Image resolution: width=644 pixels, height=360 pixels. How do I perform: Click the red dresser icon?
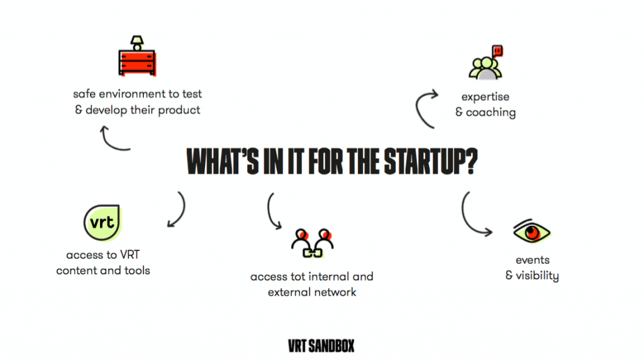click(x=137, y=62)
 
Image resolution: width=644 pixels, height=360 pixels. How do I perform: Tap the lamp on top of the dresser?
click(x=136, y=43)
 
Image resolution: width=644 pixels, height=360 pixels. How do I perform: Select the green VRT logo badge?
click(x=103, y=222)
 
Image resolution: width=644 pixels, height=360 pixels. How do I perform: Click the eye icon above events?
click(x=531, y=231)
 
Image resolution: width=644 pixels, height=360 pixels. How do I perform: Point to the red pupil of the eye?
click(x=532, y=233)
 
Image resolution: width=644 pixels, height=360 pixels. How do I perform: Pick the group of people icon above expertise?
click(x=486, y=68)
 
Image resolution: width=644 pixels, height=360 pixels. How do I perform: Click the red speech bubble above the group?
click(x=497, y=51)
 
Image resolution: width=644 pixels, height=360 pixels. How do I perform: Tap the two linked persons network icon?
click(x=312, y=244)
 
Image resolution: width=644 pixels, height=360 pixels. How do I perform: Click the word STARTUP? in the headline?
click(x=431, y=162)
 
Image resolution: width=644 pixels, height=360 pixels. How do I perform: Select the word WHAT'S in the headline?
click(x=223, y=162)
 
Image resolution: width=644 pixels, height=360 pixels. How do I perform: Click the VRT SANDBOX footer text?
click(x=321, y=346)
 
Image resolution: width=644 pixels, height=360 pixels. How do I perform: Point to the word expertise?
click(x=485, y=97)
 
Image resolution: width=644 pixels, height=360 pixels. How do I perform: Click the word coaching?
click(x=491, y=113)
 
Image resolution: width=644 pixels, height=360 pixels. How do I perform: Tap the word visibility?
click(x=537, y=276)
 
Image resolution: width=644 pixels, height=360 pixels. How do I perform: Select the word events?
click(x=532, y=260)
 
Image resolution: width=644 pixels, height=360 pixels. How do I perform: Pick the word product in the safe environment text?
click(x=179, y=110)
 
